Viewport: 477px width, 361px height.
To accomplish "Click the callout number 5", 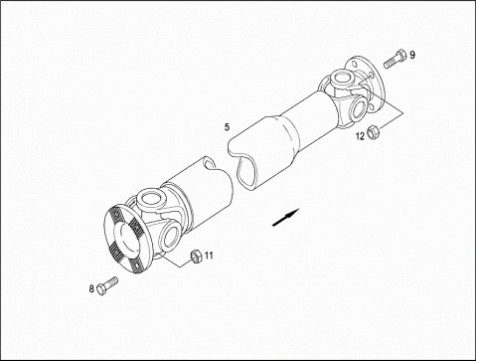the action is click(227, 127).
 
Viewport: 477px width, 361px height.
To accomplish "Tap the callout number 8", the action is click(91, 288).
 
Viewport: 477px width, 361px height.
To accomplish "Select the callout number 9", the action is click(412, 55).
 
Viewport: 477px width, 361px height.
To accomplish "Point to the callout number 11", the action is click(209, 256).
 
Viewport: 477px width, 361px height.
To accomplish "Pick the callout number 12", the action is click(360, 136).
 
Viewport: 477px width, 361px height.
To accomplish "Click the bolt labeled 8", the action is click(107, 286).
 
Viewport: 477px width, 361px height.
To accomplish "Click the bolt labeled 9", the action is click(396, 59).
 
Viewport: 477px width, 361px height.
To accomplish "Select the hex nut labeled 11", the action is click(196, 256).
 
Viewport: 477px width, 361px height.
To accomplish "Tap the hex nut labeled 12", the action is click(374, 132).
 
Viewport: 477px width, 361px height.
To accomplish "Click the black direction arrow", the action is click(285, 218).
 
